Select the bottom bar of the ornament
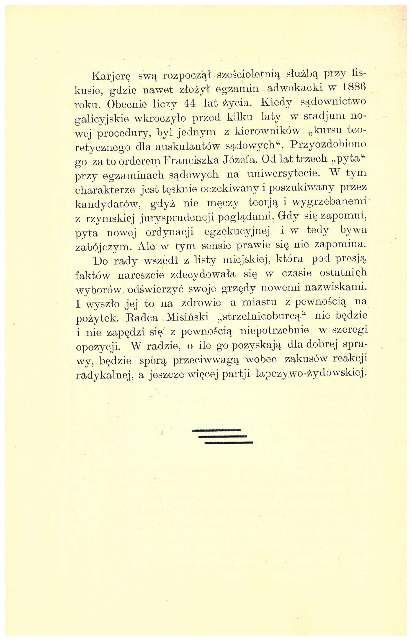[x=229, y=443]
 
